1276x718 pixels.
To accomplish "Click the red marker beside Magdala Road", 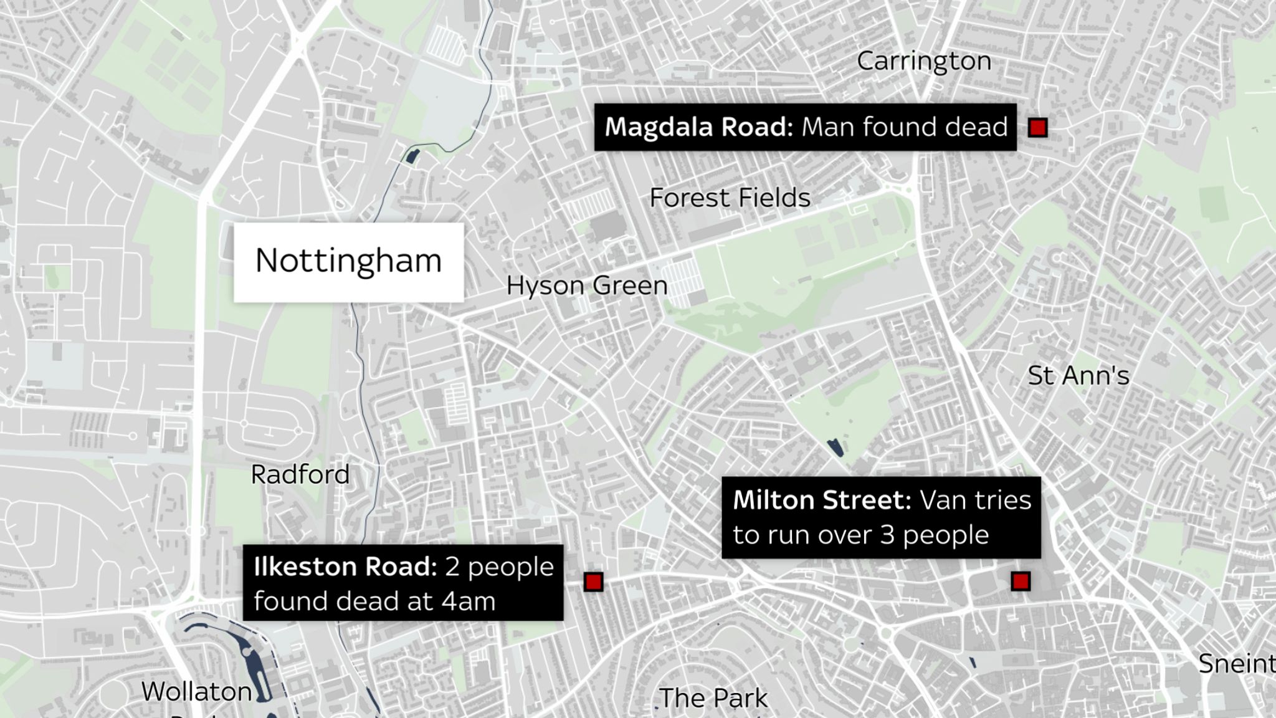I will click(1037, 128).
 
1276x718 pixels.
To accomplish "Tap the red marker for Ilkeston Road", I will click(593, 582).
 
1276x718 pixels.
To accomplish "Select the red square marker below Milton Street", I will click(1020, 582).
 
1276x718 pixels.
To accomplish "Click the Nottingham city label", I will click(348, 261).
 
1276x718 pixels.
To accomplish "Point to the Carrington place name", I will click(923, 61).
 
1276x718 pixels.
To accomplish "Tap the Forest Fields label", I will click(730, 198).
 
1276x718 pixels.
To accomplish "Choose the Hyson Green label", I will click(586, 286).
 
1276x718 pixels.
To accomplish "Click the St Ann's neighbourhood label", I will click(1078, 376).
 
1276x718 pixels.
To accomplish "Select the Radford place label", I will click(300, 475).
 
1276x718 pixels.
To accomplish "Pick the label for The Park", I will click(713, 698).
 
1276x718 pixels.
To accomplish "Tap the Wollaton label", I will click(196, 692).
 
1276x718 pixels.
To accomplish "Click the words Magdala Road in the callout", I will click(698, 127).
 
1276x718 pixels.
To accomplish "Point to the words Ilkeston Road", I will click(345, 567).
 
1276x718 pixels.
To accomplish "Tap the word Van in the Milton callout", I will click(940, 500).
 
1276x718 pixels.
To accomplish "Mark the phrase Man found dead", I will click(904, 127).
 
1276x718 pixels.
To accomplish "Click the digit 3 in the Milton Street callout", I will click(887, 535).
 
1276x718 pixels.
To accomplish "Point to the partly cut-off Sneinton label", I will click(1236, 664).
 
